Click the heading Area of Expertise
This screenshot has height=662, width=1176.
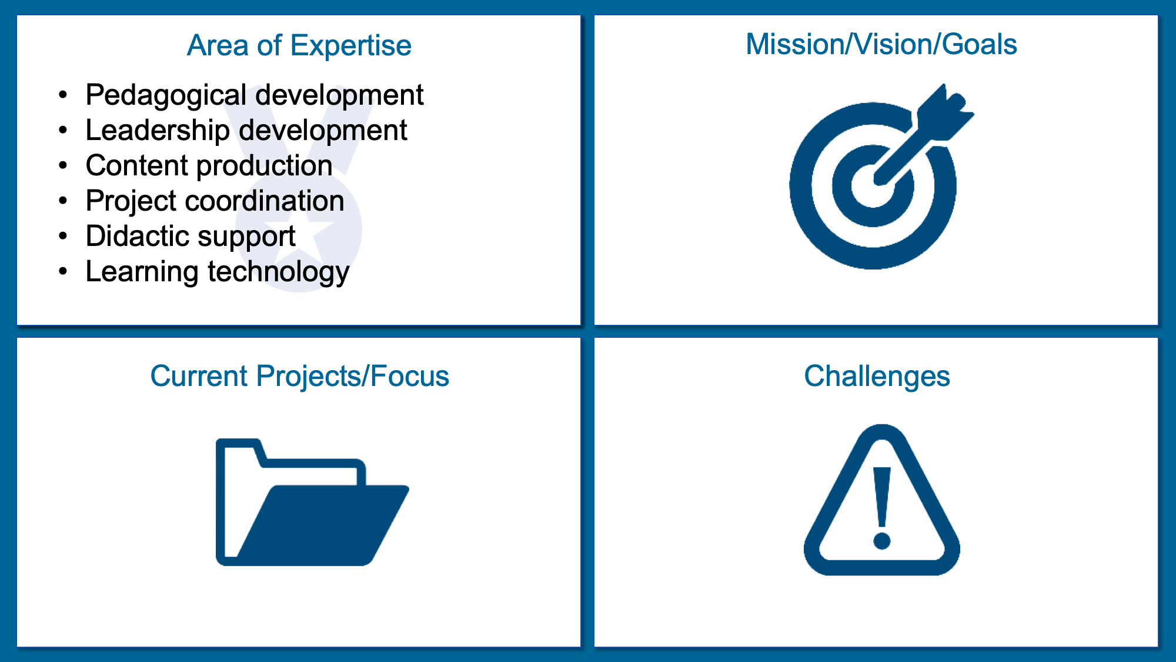coord(299,46)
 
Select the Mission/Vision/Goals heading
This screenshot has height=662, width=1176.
coord(881,45)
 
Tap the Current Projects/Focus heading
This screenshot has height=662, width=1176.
coord(299,376)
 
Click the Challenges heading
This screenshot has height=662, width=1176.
coord(877,377)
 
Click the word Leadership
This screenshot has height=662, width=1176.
coord(158,131)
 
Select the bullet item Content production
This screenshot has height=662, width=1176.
coord(209,166)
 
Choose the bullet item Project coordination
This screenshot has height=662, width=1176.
coord(215,201)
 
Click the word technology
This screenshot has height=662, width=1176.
coord(279,272)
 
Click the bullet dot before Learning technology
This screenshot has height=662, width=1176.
coord(64,271)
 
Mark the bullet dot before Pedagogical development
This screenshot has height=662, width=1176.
coord(64,95)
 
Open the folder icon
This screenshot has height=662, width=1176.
coord(312,502)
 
